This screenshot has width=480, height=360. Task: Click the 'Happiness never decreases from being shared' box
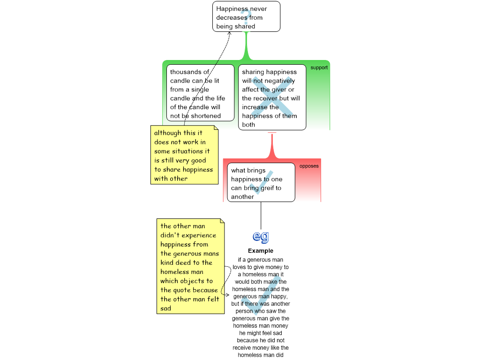coord(246,16)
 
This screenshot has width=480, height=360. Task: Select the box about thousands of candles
coord(200,93)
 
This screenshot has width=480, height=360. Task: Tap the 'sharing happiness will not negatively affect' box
coord(272,97)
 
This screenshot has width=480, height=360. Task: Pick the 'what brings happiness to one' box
coord(261,182)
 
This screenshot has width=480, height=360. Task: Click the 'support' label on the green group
coord(319,67)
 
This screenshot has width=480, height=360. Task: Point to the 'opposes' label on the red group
coord(309,166)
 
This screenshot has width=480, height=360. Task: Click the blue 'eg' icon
coord(261,237)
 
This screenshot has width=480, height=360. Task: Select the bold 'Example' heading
coord(261,251)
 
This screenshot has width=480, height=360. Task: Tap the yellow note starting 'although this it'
coord(184,155)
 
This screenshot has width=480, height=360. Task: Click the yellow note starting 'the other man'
coord(190,266)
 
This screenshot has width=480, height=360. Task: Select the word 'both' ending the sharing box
coord(248,125)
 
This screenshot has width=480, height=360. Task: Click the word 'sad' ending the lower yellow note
coord(165,308)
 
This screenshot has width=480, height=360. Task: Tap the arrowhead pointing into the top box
coord(230,33)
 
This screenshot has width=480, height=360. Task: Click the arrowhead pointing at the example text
coord(227,295)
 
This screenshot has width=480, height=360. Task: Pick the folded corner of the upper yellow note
coord(216,127)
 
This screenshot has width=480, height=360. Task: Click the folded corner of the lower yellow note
coord(222,221)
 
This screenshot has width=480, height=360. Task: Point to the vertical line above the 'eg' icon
coord(261,216)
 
